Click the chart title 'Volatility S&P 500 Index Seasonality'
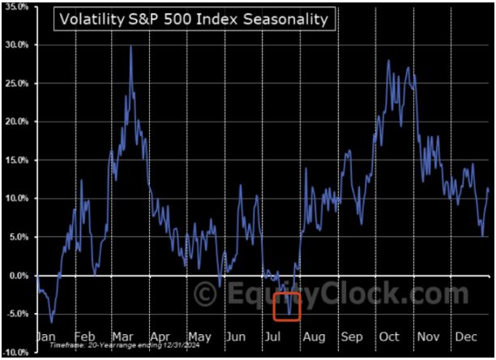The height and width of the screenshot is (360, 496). pyautogui.click(x=192, y=19)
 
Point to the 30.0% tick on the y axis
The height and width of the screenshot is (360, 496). pyautogui.click(x=17, y=45)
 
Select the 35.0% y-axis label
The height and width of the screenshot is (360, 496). pyautogui.click(x=17, y=6)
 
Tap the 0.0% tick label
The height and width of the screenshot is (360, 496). pyautogui.click(x=19, y=275)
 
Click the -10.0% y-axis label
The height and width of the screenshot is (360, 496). pyautogui.click(x=17, y=352)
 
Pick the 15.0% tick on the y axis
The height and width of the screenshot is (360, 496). pyautogui.click(x=17, y=160)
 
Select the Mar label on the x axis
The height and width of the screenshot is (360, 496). pyautogui.click(x=124, y=336)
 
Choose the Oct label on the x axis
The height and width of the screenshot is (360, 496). pyautogui.click(x=390, y=336)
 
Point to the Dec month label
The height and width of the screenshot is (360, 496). pyautogui.click(x=466, y=336)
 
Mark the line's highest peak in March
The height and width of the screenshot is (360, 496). pyautogui.click(x=130, y=47)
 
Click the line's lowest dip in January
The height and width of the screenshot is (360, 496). pyautogui.click(x=52, y=322)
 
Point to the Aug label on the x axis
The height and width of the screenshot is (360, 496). pyautogui.click(x=314, y=336)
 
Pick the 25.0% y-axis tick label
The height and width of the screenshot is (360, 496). pyautogui.click(x=17, y=83)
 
